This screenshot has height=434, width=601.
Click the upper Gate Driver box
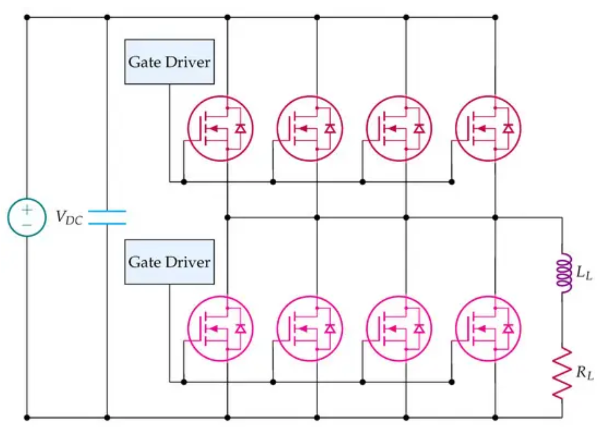[169, 62]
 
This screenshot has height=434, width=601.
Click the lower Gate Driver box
[169, 262]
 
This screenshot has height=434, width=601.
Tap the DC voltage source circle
[27, 217]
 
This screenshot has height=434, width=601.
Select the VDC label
[69, 218]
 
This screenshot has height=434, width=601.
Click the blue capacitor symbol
[107, 217]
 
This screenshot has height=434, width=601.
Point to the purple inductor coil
[564, 273]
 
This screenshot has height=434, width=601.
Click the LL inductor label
[584, 273]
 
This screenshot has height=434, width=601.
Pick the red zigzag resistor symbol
[562, 373]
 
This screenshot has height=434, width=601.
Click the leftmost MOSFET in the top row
[220, 128]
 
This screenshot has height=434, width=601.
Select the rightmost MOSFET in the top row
[488, 128]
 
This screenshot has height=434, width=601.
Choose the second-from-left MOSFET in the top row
[309, 128]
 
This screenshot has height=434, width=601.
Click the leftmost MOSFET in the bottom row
[220, 328]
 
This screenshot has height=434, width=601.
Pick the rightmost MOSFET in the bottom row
[488, 328]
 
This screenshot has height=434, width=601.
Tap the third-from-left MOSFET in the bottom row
[399, 328]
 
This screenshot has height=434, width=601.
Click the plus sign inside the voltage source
[27, 209]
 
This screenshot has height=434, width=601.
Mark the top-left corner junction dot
[27, 18]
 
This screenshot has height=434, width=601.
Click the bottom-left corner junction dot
[27, 417]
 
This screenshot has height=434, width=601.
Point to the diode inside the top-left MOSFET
[240, 129]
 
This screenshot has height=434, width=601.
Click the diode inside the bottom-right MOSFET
[509, 329]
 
